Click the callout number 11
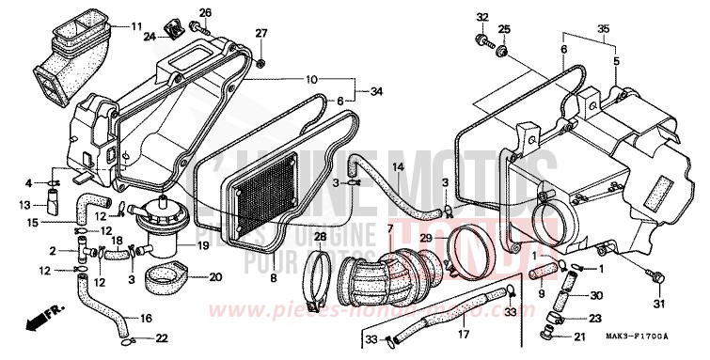click(137, 25)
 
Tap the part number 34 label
click(377, 92)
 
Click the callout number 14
click(398, 167)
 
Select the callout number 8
click(274, 280)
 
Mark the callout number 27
click(261, 33)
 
